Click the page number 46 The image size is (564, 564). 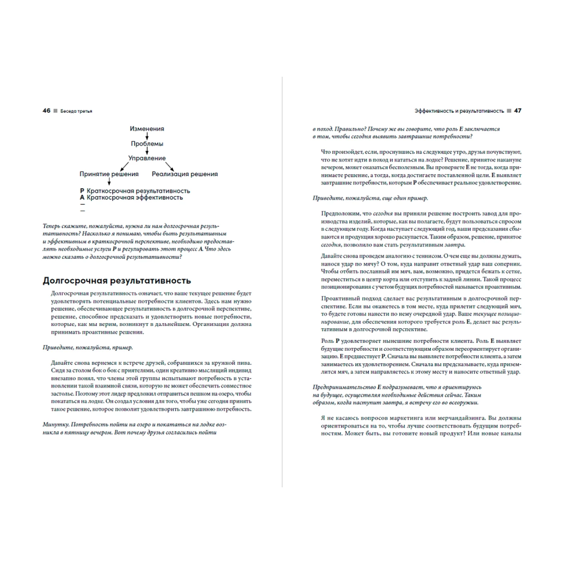(46, 111)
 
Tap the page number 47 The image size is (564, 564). (517, 111)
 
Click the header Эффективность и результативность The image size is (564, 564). (459, 111)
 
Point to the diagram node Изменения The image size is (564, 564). (147, 129)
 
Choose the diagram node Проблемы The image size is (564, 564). (147, 144)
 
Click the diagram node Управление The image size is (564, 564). (147, 158)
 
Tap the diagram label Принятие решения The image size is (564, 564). (109, 174)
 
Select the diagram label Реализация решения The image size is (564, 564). (184, 174)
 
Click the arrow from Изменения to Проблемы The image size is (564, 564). (147, 136)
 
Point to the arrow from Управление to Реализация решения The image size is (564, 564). (168, 166)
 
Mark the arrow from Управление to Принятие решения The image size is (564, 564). (128, 166)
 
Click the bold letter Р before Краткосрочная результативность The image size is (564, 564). (82, 191)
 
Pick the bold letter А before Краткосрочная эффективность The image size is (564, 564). (82, 198)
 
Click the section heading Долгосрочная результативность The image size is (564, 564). (117, 280)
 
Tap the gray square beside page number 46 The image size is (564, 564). (55, 111)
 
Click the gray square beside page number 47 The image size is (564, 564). (508, 111)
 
